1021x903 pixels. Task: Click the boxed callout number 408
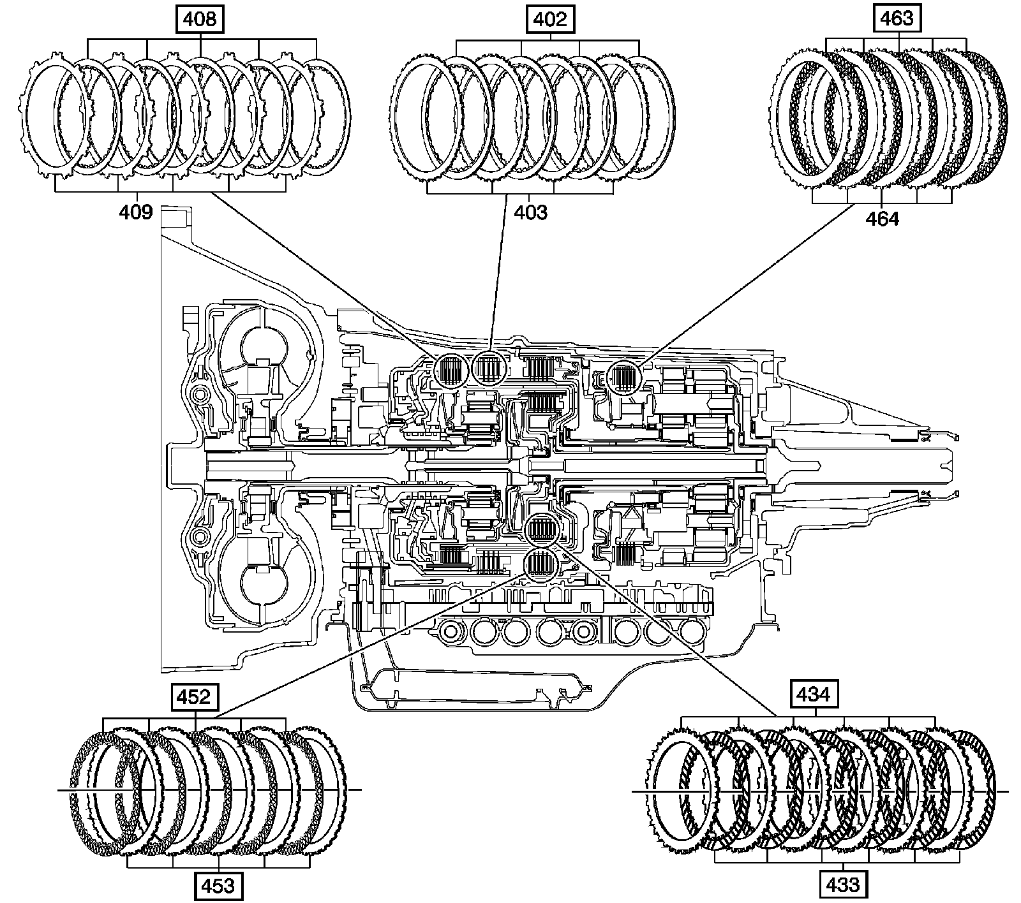pos(200,19)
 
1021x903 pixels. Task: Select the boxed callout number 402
pos(549,19)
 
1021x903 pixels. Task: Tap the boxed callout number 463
pos(897,18)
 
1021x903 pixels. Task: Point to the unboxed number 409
pos(136,212)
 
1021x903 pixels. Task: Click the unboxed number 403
pos(531,212)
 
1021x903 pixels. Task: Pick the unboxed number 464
pos(882,219)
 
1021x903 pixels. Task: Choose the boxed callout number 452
pos(194,697)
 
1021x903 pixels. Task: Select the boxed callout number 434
pos(814,694)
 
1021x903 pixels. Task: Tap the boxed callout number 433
pos(842,885)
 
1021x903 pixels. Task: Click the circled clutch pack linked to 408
pos(452,370)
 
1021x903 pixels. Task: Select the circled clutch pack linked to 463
pos(623,378)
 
